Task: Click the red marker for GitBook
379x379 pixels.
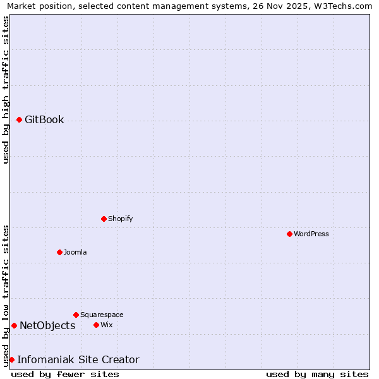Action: pyautogui.click(x=19, y=119)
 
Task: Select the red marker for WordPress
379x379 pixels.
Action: pyautogui.click(x=289, y=234)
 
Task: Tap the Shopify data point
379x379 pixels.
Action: pyautogui.click(x=104, y=219)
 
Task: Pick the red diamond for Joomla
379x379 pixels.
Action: pyautogui.click(x=59, y=252)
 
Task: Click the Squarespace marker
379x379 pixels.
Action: pyautogui.click(x=76, y=315)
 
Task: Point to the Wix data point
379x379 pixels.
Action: pyautogui.click(x=96, y=325)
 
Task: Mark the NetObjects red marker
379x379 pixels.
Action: pyautogui.click(x=14, y=325)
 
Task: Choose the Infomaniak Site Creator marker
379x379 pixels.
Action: pyautogui.click(x=11, y=359)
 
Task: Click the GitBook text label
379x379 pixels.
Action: pyautogui.click(x=44, y=119)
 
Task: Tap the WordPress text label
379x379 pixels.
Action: pyautogui.click(x=311, y=234)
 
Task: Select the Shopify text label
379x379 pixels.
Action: pyautogui.click(x=120, y=219)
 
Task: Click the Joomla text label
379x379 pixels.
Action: pyautogui.click(x=75, y=252)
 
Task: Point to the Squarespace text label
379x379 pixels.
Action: pyautogui.click(x=102, y=315)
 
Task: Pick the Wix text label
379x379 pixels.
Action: pyautogui.click(x=106, y=325)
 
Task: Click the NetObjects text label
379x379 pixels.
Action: pyautogui.click(x=47, y=325)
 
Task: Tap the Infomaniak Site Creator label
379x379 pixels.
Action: pyautogui.click(x=78, y=359)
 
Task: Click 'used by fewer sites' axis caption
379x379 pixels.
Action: pyautogui.click(x=65, y=374)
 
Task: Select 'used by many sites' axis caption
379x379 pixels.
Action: pyautogui.click(x=317, y=374)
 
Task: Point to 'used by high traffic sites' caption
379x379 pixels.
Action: pyautogui.click(x=6, y=90)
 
